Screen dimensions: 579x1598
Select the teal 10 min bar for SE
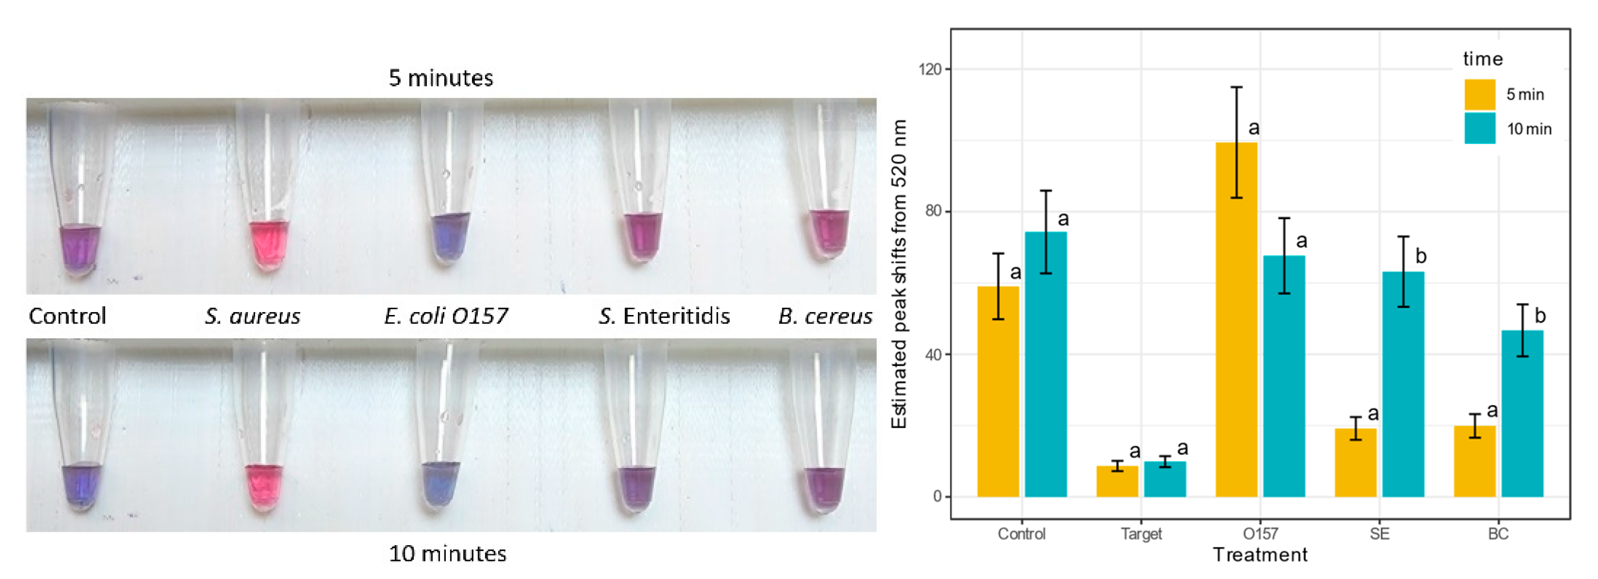[1403, 385]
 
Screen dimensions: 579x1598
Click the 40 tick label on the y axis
[932, 354]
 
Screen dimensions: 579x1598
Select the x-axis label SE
[1379, 534]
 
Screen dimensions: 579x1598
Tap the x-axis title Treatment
[1260, 555]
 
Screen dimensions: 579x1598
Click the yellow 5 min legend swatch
[1479, 94]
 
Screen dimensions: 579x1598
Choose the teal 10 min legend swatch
[1479, 128]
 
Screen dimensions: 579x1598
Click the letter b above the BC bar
[1540, 315]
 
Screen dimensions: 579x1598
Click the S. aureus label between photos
[253, 316]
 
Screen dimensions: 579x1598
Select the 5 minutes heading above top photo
[440, 78]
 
